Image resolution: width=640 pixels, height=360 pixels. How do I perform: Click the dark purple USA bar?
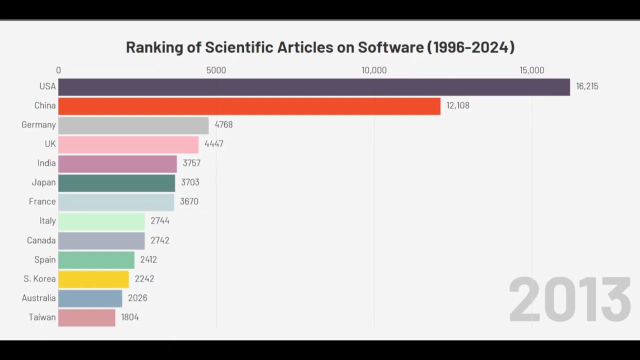click(314, 86)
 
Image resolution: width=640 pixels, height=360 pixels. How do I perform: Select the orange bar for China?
click(249, 106)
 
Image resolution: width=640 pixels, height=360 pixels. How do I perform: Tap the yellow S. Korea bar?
click(93, 279)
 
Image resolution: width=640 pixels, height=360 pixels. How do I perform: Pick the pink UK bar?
click(128, 144)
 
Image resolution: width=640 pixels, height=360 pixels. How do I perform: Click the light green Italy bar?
click(101, 221)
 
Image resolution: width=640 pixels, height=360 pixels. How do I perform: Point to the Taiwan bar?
click(86, 317)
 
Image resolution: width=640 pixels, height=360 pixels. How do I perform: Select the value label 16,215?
click(587, 86)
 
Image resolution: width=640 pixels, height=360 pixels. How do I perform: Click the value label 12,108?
click(457, 105)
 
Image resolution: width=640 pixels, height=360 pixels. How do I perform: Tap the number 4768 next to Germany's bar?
click(223, 125)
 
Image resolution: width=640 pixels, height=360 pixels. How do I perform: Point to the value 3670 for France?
click(189, 202)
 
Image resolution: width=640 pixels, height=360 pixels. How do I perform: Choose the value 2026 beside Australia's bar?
click(137, 298)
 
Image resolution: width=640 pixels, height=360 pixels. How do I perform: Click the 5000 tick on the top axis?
click(216, 70)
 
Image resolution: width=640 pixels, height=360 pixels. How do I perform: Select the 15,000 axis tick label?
click(531, 70)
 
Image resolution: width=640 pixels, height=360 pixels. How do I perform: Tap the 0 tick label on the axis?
click(58, 70)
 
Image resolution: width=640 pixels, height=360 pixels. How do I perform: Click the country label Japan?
click(43, 182)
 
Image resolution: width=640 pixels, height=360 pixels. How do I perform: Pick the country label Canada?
click(41, 240)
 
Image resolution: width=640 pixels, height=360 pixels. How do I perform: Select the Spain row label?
click(44, 259)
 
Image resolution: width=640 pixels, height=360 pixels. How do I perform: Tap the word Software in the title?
click(390, 47)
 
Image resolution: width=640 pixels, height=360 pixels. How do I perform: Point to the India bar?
click(117, 163)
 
